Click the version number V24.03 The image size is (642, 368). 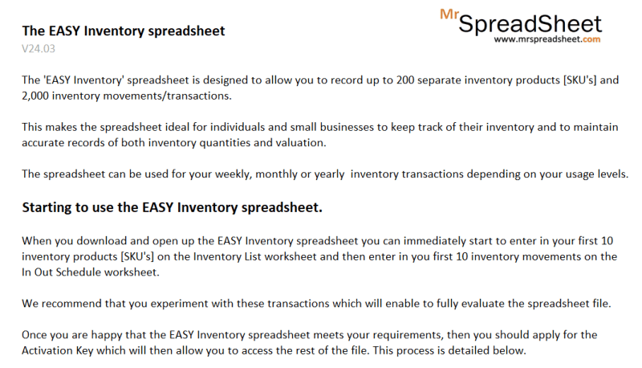click(x=38, y=48)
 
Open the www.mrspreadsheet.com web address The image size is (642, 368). click(x=547, y=39)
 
